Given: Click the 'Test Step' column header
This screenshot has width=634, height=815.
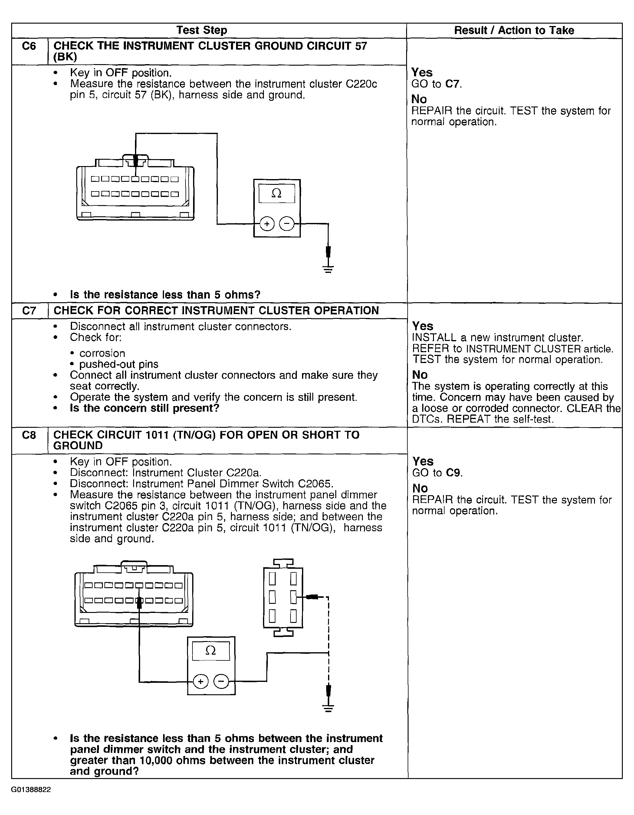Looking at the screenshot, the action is point(202,30).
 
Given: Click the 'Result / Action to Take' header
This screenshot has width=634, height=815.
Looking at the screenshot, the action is point(514,30).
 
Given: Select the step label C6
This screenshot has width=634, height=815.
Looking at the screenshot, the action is point(29,46).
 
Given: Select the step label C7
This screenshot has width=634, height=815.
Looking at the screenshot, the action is point(29,310).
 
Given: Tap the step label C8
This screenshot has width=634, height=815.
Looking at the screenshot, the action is point(29,435).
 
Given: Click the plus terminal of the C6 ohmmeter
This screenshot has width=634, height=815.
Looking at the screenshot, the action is point(267,224).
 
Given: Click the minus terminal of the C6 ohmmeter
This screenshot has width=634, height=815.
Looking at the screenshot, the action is point(287,224).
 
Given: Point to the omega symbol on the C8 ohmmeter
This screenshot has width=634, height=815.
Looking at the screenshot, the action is point(211,651).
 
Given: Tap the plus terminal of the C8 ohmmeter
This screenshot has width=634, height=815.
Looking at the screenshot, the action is point(201,682).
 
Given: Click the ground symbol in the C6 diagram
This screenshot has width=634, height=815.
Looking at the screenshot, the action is point(328,269).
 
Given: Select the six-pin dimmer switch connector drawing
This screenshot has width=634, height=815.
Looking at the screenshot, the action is point(283,597).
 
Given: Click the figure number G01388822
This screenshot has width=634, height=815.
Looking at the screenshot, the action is point(31,790).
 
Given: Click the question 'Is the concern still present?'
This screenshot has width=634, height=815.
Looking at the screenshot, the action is point(144,408).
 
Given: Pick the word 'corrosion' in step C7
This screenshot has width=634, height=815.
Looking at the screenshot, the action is point(102,353).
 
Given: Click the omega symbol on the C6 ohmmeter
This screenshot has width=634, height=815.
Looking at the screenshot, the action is point(276,193).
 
